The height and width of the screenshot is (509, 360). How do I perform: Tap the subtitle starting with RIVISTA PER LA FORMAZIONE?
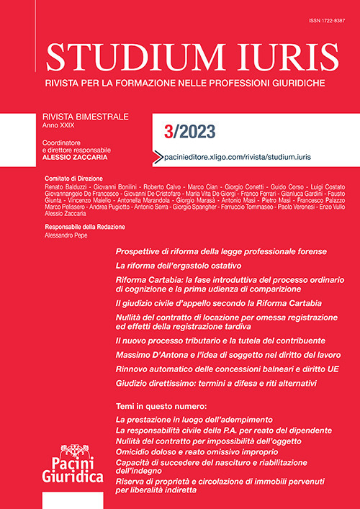pyautogui.click(x=185, y=84)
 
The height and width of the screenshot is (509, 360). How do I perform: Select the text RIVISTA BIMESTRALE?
pyautogui.click(x=87, y=114)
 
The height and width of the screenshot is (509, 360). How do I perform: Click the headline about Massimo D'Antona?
pyautogui.click(x=223, y=356)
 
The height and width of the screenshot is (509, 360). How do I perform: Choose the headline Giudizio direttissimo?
pyautogui.click(x=216, y=384)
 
